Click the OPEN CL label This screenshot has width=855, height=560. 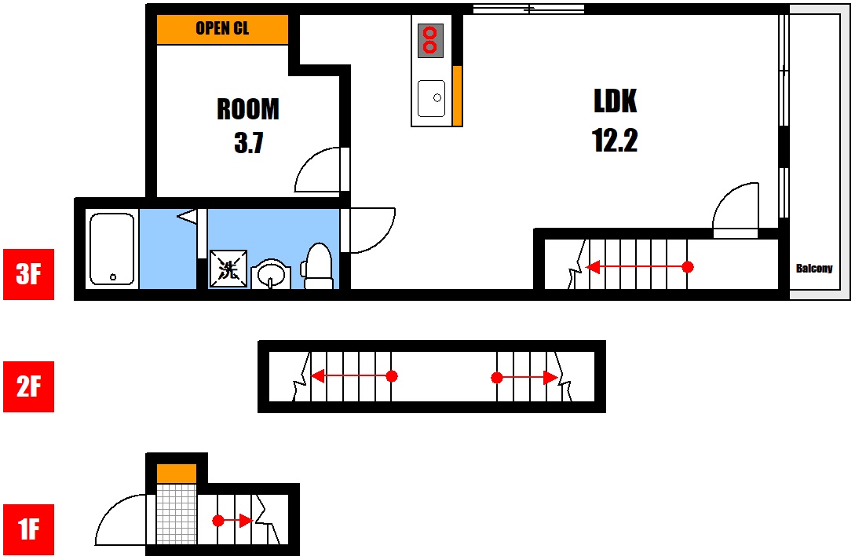[x=222, y=27]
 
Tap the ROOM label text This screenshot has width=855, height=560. [x=248, y=109]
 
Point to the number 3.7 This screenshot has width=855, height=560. [x=249, y=143]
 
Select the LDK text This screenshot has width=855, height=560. [x=615, y=101]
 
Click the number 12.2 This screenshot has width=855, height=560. [x=615, y=141]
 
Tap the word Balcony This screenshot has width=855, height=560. [x=814, y=269]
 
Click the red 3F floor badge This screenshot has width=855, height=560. [x=29, y=274]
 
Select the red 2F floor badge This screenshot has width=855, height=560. [x=29, y=386]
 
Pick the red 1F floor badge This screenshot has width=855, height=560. [x=29, y=529]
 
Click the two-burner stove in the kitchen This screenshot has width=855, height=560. [x=430, y=40]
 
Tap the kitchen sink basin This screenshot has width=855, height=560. [x=431, y=98]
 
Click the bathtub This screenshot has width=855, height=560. [x=111, y=249]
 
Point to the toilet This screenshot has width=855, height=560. [x=318, y=266]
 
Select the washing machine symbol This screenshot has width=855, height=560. [x=228, y=269]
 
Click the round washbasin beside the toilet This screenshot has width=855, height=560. [x=271, y=274]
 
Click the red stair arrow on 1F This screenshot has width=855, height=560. [x=232, y=521]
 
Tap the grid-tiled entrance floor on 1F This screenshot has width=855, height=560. [x=177, y=514]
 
